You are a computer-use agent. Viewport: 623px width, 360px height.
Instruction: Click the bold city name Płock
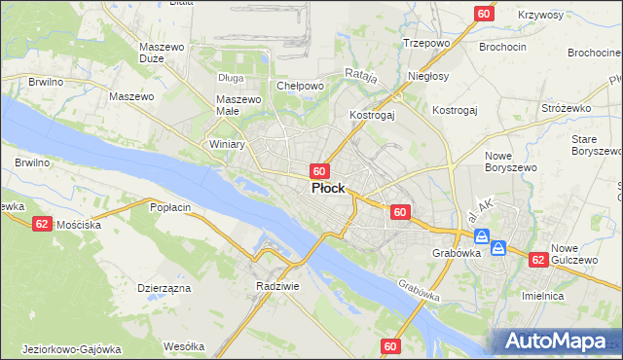tap(327, 189)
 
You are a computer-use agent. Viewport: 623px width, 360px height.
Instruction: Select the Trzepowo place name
tap(424, 43)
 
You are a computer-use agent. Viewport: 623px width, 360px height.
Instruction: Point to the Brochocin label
tap(502, 46)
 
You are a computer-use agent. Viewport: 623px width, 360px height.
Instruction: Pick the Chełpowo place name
tap(300, 86)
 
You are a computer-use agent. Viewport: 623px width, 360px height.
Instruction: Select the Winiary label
tap(227, 144)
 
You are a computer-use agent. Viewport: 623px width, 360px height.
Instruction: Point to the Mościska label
tap(79, 224)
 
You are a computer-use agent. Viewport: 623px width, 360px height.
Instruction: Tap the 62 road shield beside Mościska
tap(42, 224)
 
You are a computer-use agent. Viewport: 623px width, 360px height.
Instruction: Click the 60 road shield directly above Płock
tap(318, 170)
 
